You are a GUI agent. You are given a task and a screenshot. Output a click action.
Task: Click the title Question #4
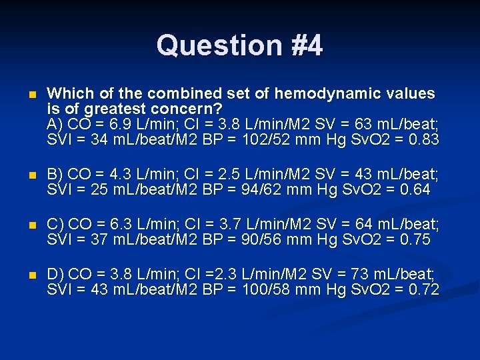coord(239,45)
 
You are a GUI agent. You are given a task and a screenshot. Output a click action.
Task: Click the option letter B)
coord(56,175)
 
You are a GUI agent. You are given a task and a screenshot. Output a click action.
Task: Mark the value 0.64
coord(417,191)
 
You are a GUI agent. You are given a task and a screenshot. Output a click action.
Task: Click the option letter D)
coord(56,273)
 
